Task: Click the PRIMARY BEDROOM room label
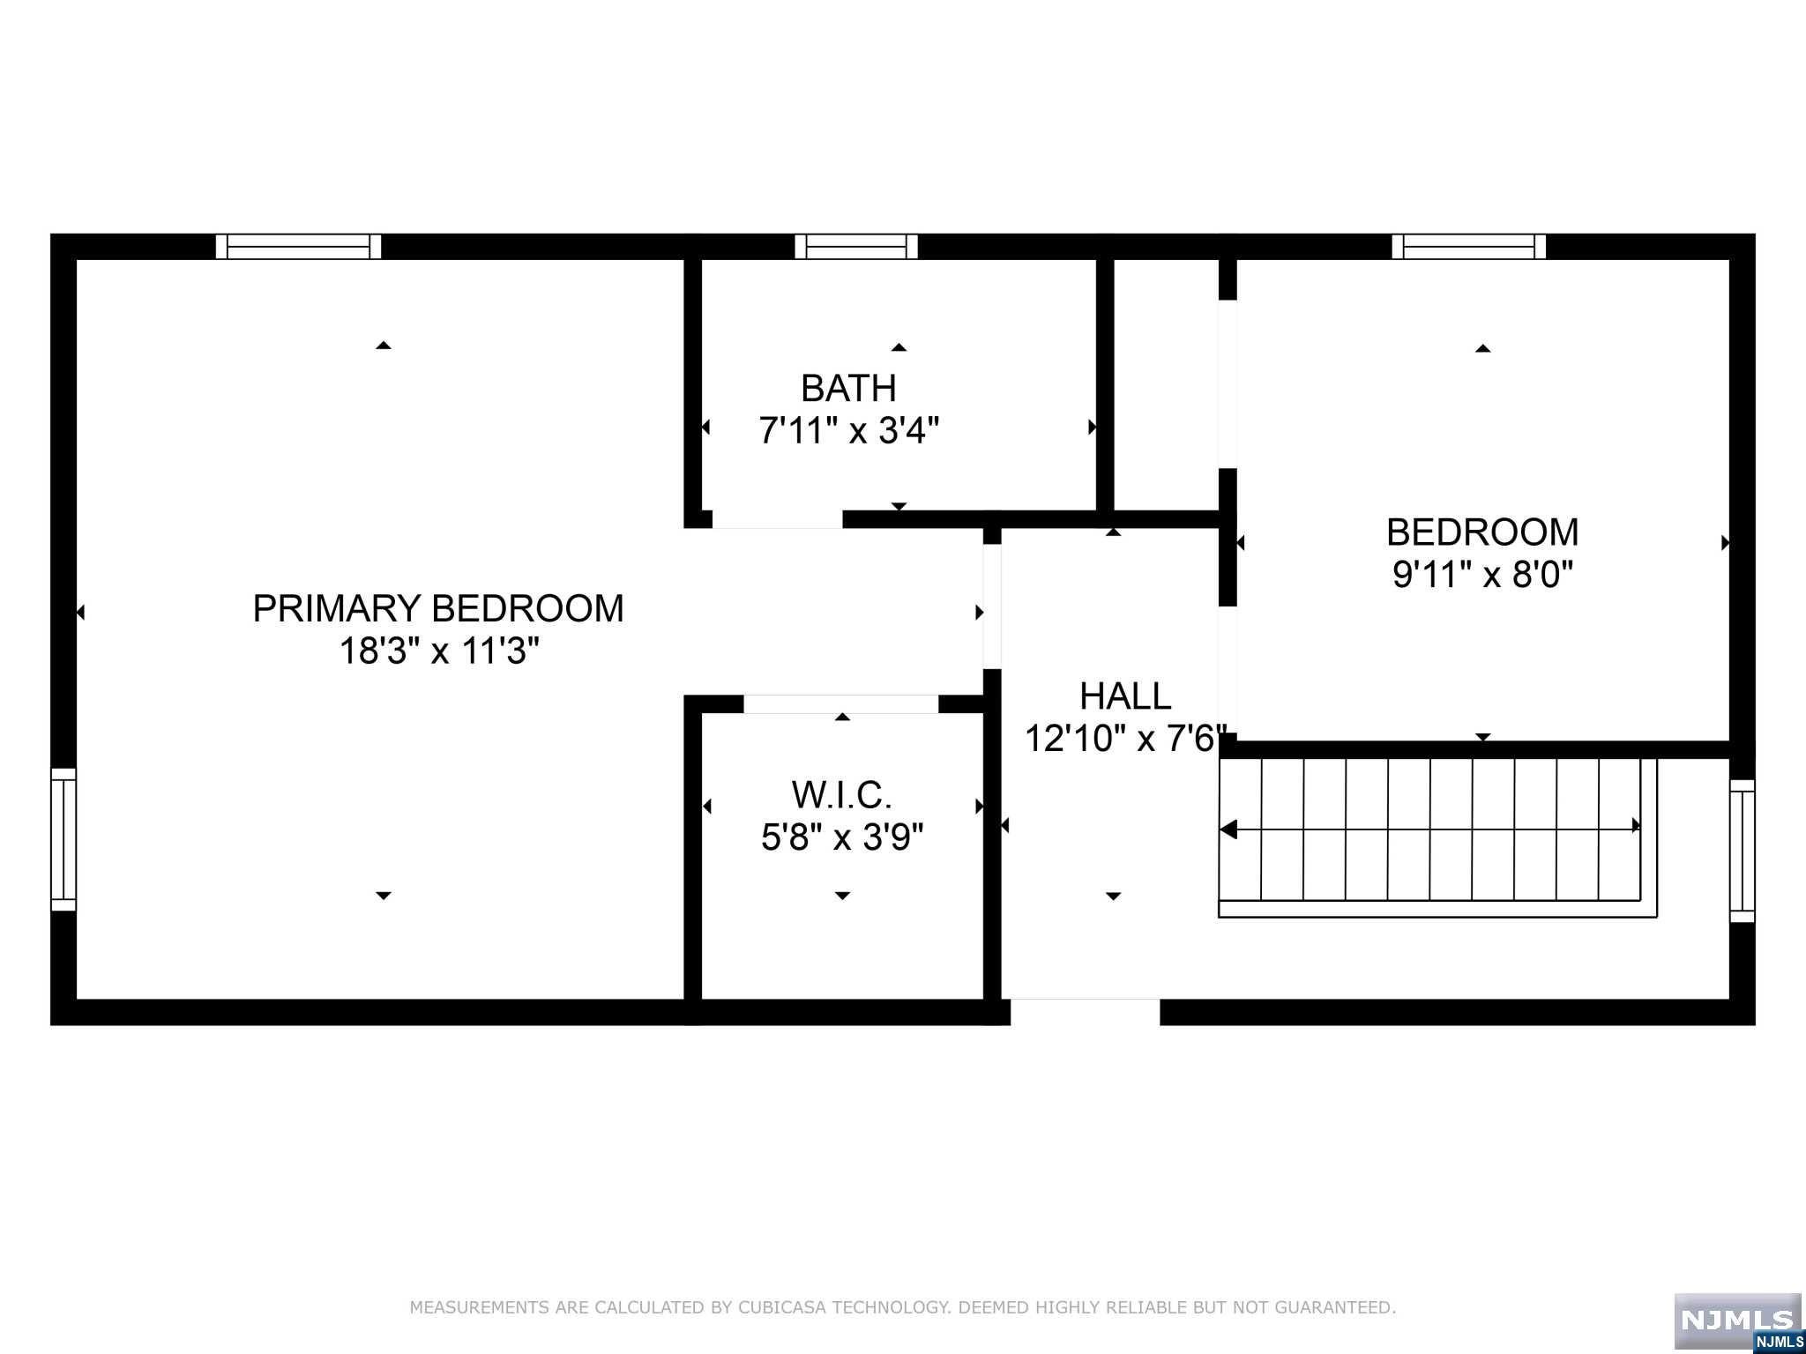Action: click(438, 608)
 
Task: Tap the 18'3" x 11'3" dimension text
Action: click(439, 651)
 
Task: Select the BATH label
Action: click(848, 388)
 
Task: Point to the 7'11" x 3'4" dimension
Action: click(849, 431)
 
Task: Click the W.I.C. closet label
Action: click(842, 795)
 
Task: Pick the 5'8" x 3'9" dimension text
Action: click(842, 837)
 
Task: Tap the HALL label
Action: click(1125, 696)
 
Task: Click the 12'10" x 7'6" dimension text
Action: click(1126, 739)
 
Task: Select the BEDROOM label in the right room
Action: click(1482, 532)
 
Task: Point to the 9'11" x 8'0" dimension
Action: click(1483, 576)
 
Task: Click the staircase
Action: click(1437, 837)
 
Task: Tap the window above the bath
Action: click(856, 247)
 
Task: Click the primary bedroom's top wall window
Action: click(299, 247)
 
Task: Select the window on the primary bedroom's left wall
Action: click(63, 839)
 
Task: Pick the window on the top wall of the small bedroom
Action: click(1469, 247)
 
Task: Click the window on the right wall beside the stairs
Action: click(1742, 851)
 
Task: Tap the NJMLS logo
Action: click(1738, 1323)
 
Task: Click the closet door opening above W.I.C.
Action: click(841, 704)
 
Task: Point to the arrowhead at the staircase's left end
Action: click(1228, 830)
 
